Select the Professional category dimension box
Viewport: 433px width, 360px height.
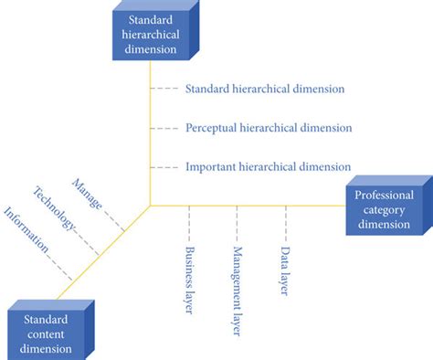click(383, 211)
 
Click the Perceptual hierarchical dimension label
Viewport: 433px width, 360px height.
click(268, 128)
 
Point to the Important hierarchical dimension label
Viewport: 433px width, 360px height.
click(268, 167)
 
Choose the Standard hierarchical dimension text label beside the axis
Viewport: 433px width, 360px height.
click(264, 90)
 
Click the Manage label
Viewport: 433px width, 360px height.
click(88, 195)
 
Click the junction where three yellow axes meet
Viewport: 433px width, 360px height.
click(150, 205)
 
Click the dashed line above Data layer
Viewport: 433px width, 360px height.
click(285, 222)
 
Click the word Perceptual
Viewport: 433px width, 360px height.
click(209, 128)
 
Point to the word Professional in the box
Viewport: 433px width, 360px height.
click(384, 196)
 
